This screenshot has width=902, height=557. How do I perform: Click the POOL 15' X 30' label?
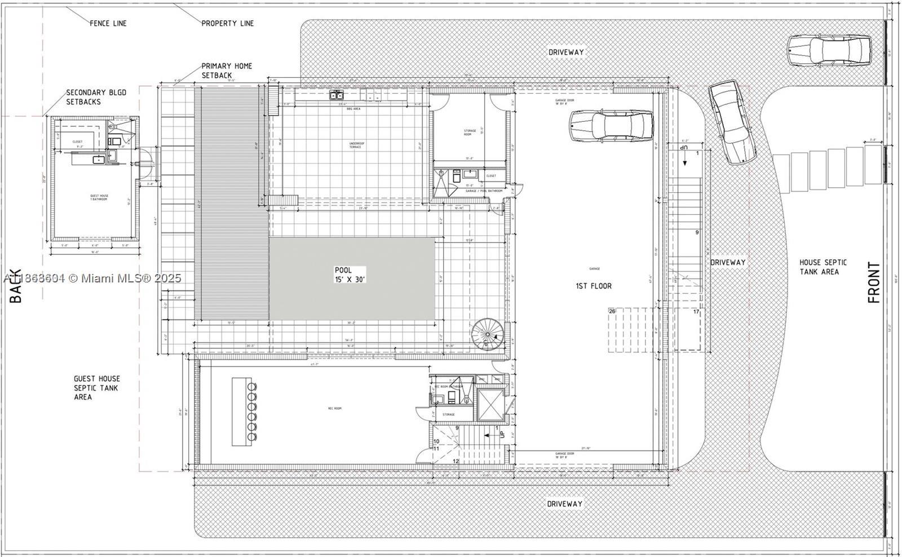tap(350, 275)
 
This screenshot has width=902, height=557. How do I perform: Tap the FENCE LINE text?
tap(108, 23)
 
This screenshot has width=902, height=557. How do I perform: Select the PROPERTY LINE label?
tap(227, 23)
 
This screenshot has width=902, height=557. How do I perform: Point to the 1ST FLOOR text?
tap(593, 286)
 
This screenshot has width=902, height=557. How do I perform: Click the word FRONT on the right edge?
tap(874, 282)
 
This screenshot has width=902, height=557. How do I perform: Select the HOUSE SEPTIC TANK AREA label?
tap(823, 267)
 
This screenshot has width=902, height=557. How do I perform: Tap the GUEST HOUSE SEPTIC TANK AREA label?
tap(96, 388)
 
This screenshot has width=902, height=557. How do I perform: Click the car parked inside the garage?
tap(611, 125)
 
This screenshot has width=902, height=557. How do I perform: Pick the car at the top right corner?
tap(828, 50)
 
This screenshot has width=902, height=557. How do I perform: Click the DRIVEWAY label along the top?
tap(566, 52)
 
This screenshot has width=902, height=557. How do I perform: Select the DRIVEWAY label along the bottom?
tap(564, 503)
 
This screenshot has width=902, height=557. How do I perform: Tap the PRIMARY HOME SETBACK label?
tap(227, 70)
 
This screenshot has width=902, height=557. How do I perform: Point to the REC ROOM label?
tap(334, 408)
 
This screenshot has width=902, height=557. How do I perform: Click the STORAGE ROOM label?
tap(470, 133)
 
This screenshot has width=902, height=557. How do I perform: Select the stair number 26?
tap(612, 311)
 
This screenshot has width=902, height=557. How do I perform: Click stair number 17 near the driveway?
tap(696, 312)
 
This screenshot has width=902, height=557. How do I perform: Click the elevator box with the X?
tap(490, 404)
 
